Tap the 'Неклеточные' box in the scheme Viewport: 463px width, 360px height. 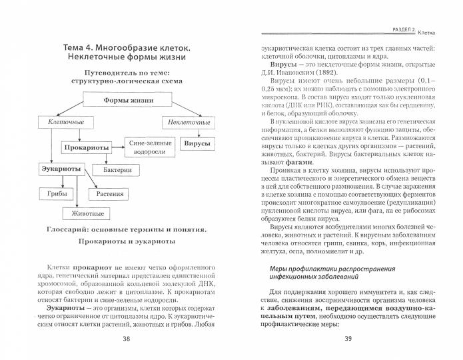[x=186, y=123]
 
